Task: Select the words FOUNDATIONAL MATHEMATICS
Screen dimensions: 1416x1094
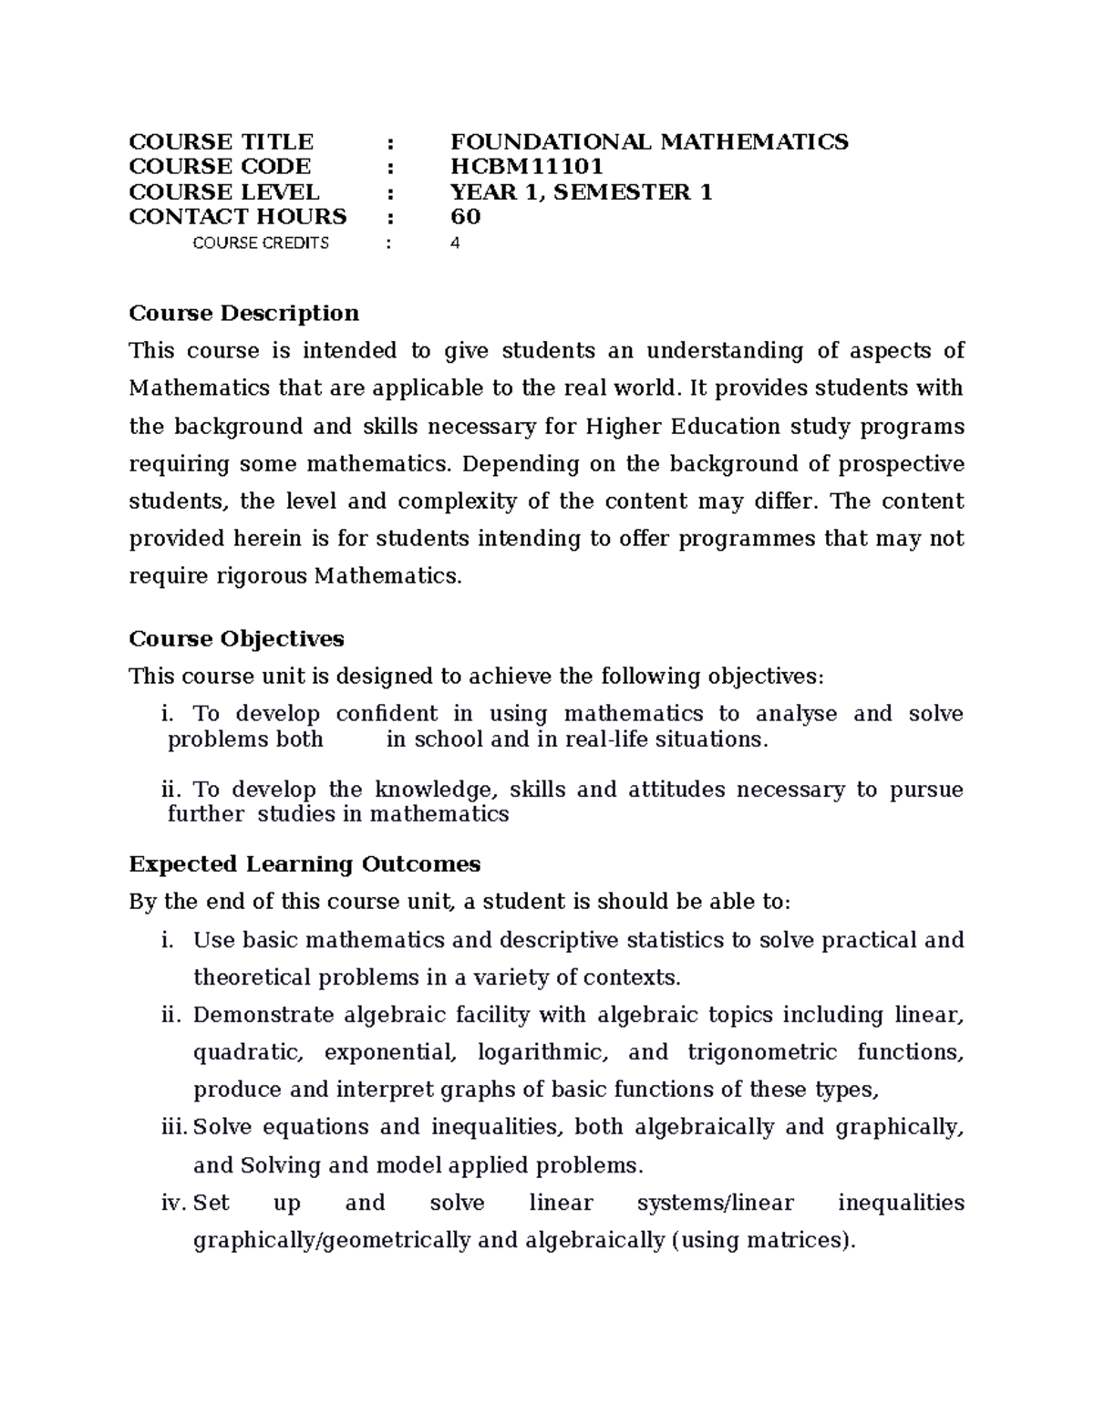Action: tap(649, 141)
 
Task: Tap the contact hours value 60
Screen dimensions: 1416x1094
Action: tap(465, 217)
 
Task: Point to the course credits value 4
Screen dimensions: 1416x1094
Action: tap(455, 243)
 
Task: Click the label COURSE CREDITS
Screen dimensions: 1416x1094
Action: tap(261, 243)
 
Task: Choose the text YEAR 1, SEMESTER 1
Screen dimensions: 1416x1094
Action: tap(581, 192)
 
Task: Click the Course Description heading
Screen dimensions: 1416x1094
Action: tap(243, 314)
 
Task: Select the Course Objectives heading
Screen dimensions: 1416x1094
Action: tap(236, 639)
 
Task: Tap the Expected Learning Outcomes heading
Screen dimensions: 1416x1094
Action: tap(304, 864)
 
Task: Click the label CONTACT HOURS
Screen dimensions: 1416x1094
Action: tap(238, 217)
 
